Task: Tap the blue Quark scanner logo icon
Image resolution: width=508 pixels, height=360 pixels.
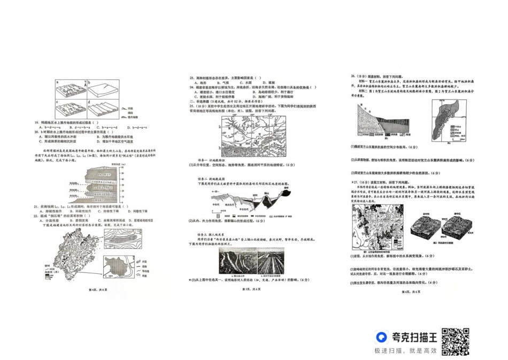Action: pyautogui.click(x=381, y=337)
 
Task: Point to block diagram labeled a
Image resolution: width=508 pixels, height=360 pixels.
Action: pyautogui.click(x=68, y=88)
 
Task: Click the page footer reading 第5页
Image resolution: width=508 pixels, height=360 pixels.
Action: pyautogui.click(x=251, y=289)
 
